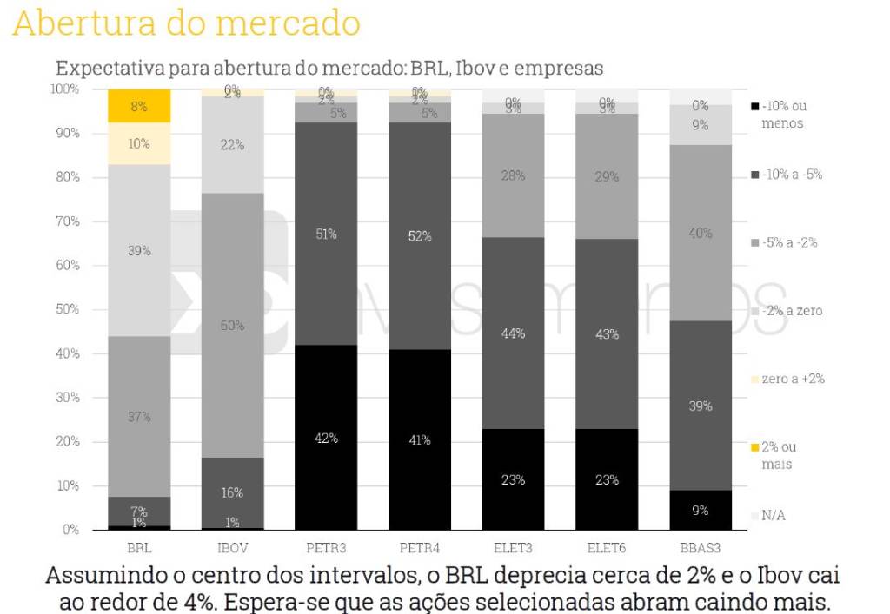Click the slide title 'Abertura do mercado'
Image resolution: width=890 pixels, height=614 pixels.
coord(187,23)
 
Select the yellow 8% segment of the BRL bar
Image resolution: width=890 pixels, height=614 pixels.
coord(139,106)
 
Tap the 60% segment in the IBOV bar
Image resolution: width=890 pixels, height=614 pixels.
coord(232,325)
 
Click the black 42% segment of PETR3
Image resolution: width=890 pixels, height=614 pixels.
coord(326,438)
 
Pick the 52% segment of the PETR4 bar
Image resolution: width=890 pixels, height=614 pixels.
coord(420,235)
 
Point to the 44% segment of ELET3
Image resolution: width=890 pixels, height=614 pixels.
coord(513,333)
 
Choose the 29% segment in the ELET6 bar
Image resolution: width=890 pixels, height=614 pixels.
coord(607,176)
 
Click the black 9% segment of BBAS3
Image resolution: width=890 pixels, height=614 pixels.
coord(701,510)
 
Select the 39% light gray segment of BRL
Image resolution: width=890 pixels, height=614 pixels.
coord(139,250)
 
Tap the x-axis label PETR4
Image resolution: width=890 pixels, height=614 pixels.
coord(420,548)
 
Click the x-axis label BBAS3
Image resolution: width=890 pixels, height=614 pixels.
coord(701,548)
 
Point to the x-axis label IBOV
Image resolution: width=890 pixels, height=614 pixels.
coord(232,548)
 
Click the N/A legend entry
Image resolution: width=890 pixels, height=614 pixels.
coord(772,515)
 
